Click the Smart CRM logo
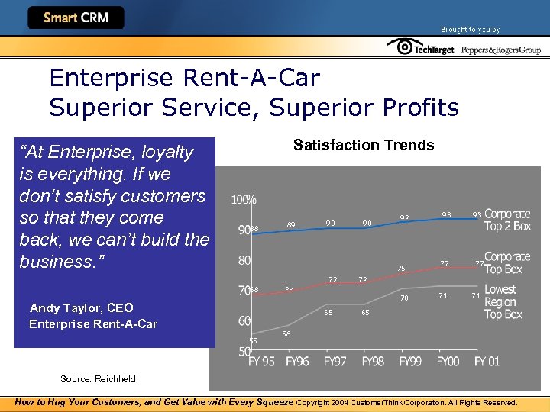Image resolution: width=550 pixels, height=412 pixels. (x=76, y=18)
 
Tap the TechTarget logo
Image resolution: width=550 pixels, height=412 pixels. (x=420, y=48)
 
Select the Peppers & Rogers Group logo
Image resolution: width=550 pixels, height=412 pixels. (x=501, y=50)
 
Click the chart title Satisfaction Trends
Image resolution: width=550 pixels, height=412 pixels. (x=364, y=145)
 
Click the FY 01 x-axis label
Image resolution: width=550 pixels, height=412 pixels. (x=488, y=361)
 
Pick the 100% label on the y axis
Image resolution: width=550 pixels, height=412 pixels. (x=244, y=200)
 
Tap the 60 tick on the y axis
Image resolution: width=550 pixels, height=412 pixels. (x=244, y=321)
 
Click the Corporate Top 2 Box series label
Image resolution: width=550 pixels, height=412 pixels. (x=507, y=220)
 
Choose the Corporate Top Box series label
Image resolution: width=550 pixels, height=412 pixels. (x=507, y=263)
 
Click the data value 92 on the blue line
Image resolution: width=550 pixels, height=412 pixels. (x=405, y=218)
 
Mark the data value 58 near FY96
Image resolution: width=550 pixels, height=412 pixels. (x=286, y=334)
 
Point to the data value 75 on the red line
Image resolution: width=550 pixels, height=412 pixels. (x=401, y=268)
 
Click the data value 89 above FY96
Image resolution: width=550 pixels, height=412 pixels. (x=291, y=225)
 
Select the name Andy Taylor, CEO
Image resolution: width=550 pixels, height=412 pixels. (x=81, y=308)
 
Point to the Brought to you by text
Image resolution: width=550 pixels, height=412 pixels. (x=470, y=30)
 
